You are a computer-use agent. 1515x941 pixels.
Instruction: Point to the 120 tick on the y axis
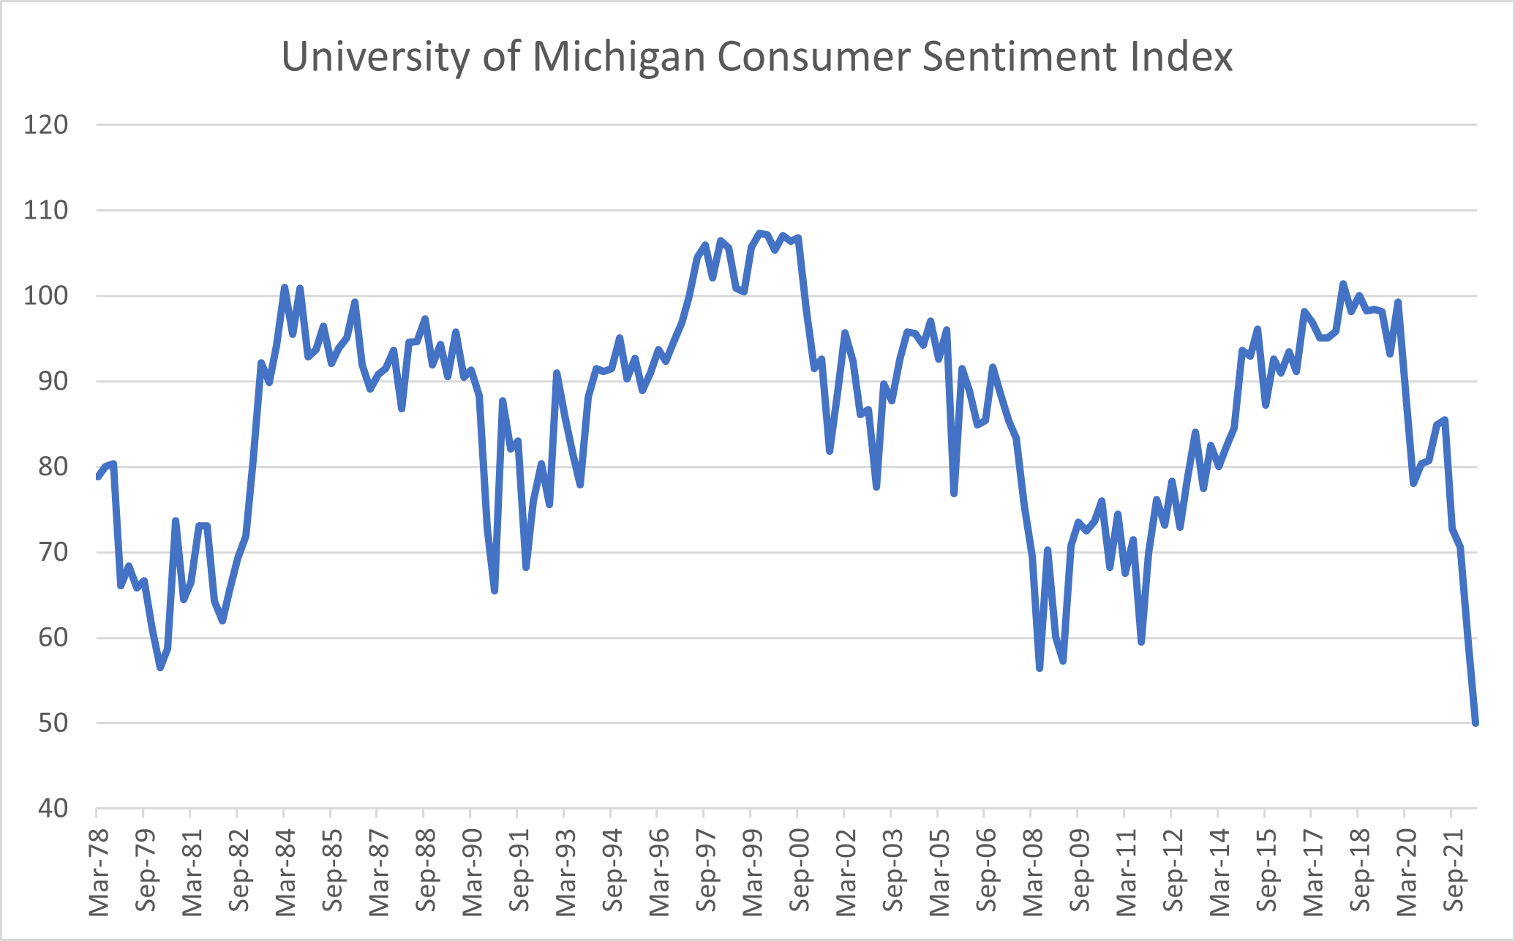tap(45, 125)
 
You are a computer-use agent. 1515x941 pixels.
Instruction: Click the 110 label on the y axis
tap(45, 211)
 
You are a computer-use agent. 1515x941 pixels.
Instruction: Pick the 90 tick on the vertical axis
tap(52, 382)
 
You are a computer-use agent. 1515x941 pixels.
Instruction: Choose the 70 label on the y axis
tap(52, 553)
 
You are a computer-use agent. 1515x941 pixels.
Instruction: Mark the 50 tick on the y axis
tap(52, 723)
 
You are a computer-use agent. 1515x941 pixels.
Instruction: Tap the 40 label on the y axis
tap(52, 809)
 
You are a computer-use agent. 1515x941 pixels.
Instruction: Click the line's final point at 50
tap(1475, 723)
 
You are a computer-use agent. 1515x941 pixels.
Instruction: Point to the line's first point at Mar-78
tap(97, 477)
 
